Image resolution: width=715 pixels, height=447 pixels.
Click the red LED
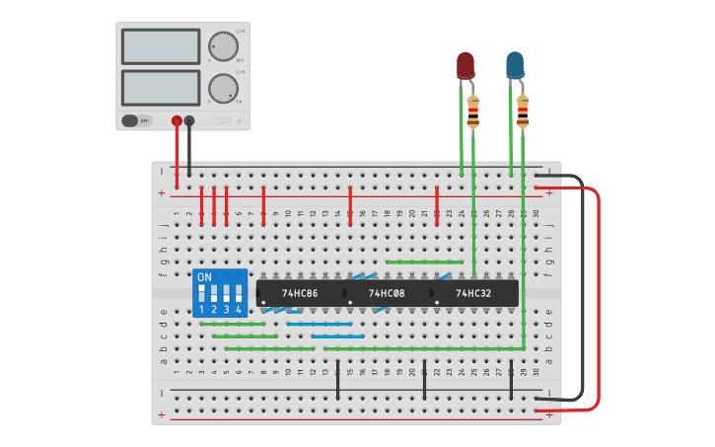(465, 66)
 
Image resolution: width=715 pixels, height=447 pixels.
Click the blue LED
(515, 66)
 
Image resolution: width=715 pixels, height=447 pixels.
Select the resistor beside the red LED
(473, 112)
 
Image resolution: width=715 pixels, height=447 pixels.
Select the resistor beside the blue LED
(523, 112)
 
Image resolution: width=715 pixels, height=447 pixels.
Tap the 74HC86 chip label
(300, 293)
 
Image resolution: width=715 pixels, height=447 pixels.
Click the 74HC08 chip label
(387, 293)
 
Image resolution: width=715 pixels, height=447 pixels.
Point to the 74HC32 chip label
(473, 293)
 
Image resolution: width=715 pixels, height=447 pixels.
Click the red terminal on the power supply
(177, 121)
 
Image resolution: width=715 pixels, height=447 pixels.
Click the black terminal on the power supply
(189, 121)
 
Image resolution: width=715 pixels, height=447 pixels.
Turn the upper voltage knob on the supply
(224, 46)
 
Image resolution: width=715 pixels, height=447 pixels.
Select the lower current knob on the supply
(224, 88)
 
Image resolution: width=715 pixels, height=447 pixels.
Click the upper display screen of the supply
(160, 46)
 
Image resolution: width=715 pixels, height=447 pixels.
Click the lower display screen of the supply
(160, 88)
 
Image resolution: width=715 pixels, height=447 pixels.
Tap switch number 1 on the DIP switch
(201, 294)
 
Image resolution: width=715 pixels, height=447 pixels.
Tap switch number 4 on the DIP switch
(238, 294)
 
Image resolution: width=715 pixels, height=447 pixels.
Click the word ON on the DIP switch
(204, 277)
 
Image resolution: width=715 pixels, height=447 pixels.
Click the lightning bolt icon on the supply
(237, 121)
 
